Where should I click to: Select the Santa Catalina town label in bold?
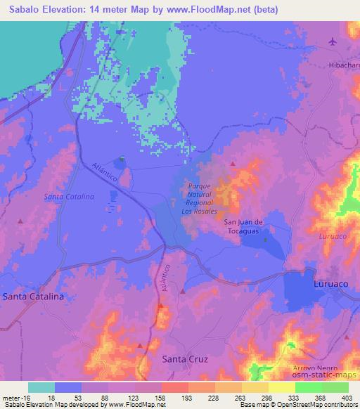pos(33,297)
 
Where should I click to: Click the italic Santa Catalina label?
pos(69,197)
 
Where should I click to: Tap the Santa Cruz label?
pos(185,359)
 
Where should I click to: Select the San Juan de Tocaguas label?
pos(243,227)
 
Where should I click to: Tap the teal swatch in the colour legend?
pos(41,387)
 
